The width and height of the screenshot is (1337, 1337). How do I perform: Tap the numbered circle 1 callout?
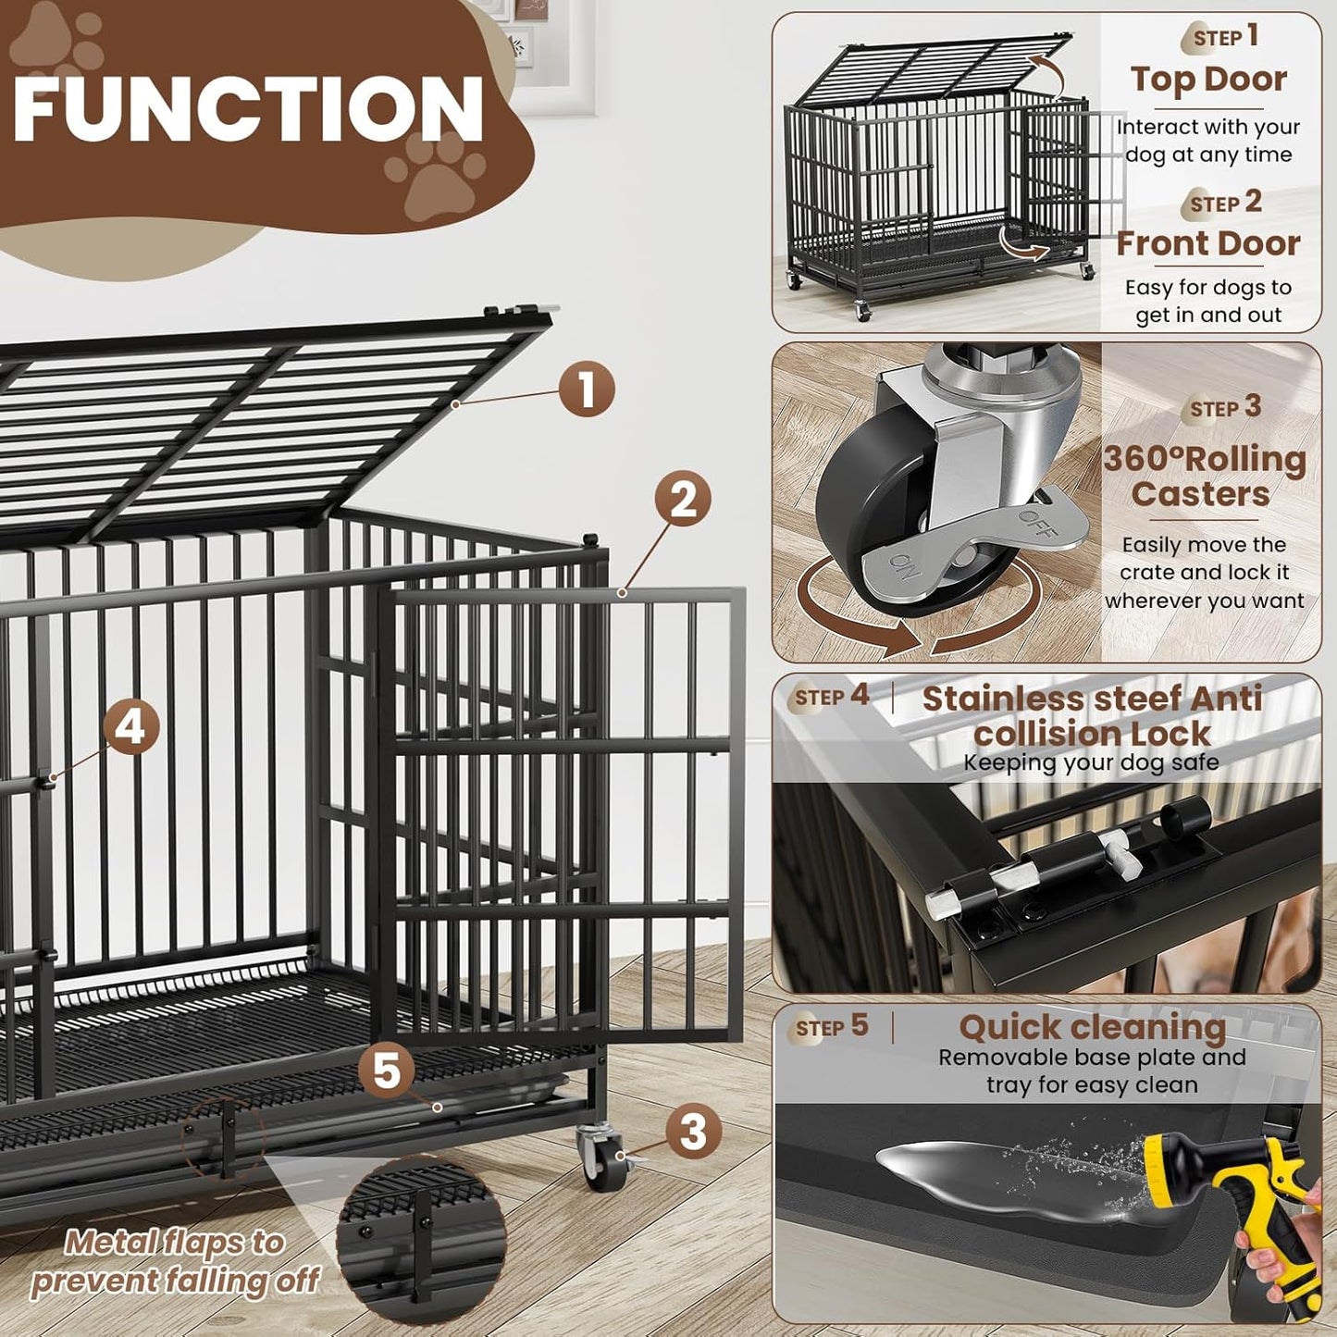587,390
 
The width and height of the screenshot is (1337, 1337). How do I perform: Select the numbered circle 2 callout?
683,500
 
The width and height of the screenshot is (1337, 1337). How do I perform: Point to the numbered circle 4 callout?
130,726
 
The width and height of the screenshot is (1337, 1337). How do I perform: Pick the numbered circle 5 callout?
387,1071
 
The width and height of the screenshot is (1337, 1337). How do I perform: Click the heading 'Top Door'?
1207,80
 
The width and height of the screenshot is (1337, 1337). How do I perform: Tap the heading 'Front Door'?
1207,243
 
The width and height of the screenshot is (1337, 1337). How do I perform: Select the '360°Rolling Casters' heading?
1204,476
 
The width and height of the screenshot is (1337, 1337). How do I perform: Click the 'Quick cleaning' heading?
1092,1027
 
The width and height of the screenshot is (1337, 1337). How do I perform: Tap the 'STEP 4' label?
832,696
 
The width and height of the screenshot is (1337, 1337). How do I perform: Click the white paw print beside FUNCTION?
435,171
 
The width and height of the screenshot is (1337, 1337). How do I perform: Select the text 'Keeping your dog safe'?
1091,762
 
